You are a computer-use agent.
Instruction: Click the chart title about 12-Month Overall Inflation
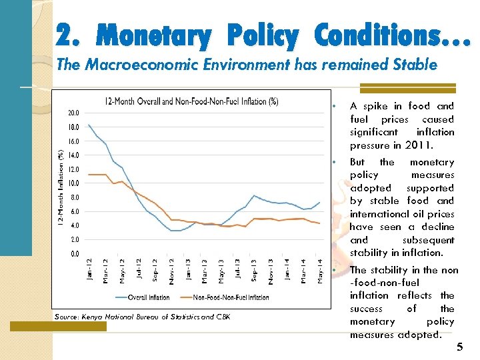click(191, 101)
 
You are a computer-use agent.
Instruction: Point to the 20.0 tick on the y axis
click(73, 113)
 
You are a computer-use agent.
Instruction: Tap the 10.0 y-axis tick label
click(73, 183)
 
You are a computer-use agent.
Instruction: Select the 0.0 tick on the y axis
click(75, 254)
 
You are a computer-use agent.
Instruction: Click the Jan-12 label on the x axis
click(89, 269)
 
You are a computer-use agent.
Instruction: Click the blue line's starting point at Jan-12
click(89, 125)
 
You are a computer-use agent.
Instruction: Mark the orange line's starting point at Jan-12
click(89, 174)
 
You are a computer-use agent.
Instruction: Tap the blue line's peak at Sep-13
click(254, 195)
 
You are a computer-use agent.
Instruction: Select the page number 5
click(459, 347)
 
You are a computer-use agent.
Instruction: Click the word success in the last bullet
click(366, 309)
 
